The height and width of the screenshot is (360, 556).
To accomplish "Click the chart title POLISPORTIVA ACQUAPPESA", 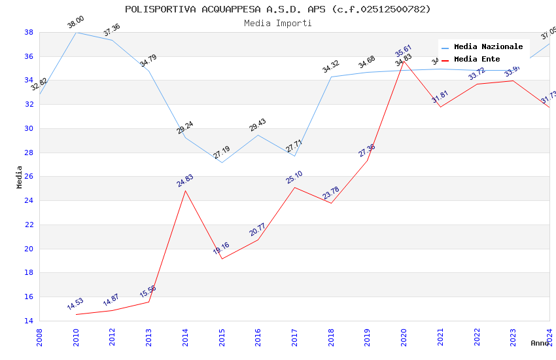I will pyautogui.click(x=278, y=9).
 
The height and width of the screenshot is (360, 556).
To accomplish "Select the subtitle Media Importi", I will pyautogui.click(x=278, y=23).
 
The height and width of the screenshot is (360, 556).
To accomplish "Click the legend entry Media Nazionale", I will pyautogui.click(x=488, y=46).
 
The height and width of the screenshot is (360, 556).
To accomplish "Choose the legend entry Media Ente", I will pyautogui.click(x=477, y=59).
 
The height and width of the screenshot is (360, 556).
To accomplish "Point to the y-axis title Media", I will pyautogui.click(x=20, y=177).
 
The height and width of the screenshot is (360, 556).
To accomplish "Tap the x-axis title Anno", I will pyautogui.click(x=540, y=343).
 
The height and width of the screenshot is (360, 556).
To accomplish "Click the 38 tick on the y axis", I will pyautogui.click(x=29, y=32).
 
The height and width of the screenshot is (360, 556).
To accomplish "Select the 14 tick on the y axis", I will pyautogui.click(x=29, y=321).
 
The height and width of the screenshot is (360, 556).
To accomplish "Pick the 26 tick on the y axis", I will pyautogui.click(x=29, y=177).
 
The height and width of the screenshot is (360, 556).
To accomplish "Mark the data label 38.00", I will pyautogui.click(x=76, y=22).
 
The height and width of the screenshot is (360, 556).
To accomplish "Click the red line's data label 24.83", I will pyautogui.click(x=185, y=181).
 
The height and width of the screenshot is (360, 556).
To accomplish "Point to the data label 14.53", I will pyautogui.click(x=75, y=304).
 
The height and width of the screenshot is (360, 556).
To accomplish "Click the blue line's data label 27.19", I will pyautogui.click(x=222, y=153).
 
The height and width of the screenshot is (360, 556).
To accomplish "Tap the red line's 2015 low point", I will pyautogui.click(x=222, y=259).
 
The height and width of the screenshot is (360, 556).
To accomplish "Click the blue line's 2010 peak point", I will pyautogui.click(x=77, y=32).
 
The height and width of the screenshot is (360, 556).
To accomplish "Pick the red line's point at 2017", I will pyautogui.click(x=294, y=187).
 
